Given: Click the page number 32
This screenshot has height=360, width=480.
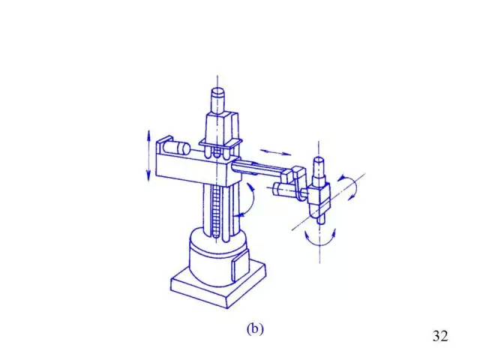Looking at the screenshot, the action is click(440, 336).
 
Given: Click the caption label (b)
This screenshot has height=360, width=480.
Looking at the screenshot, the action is click(255, 329).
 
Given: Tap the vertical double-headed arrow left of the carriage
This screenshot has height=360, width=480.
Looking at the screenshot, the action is click(148, 155).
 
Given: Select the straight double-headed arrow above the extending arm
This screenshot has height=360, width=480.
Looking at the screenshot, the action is click(275, 152).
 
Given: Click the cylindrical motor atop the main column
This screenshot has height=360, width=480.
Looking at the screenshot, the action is click(217, 100).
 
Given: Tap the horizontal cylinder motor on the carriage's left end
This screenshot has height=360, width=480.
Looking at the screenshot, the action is click(176, 148).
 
